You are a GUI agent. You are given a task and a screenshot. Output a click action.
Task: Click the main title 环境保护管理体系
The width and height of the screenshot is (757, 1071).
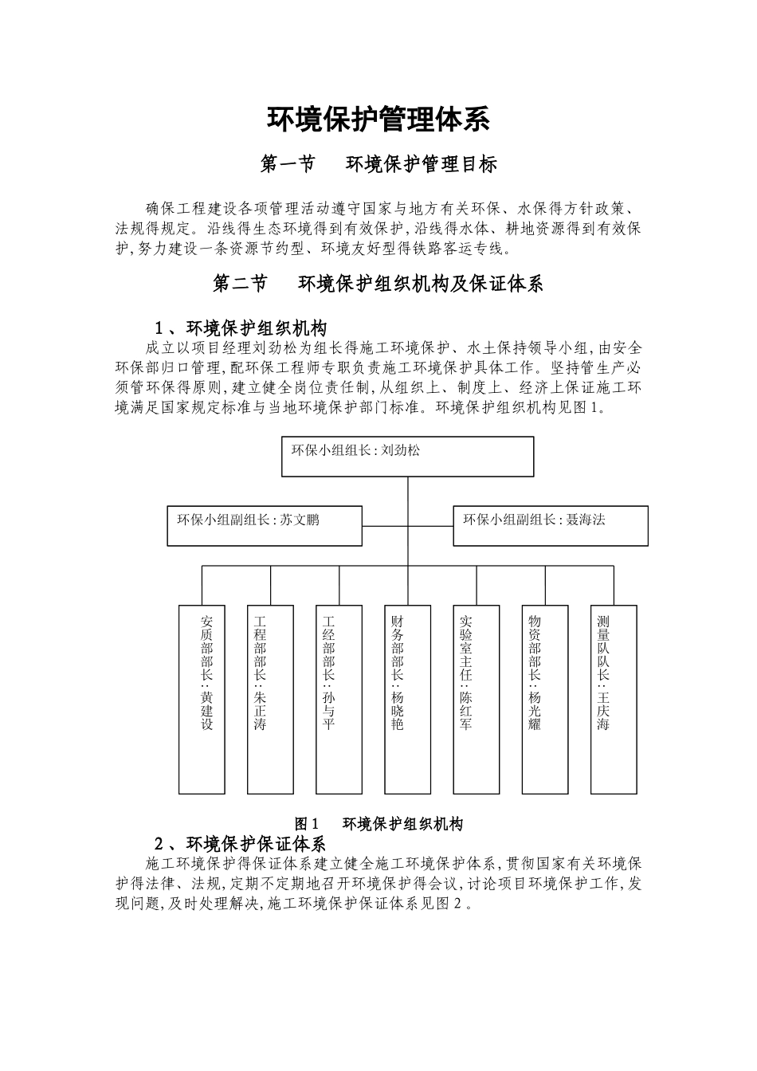378,120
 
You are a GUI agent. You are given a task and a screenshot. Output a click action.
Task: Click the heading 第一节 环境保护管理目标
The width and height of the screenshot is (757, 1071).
379,164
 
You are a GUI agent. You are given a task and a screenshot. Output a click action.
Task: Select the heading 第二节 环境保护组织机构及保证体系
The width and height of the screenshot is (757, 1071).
378,284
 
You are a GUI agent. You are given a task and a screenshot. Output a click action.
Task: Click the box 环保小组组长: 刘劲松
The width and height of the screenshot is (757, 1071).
406,457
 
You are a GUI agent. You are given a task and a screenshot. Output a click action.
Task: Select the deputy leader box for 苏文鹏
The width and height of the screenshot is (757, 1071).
264,526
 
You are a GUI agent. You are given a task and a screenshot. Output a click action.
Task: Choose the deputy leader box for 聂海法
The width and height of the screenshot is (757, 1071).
550,526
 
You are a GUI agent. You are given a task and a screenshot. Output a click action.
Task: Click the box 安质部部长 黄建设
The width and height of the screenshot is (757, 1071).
202,699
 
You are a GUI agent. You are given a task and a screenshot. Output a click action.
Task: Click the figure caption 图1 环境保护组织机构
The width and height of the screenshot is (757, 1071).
378,824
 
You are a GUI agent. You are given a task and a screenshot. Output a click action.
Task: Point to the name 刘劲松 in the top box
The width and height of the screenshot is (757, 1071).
401,450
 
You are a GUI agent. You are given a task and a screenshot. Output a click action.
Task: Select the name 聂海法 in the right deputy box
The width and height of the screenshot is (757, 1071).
586,520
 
